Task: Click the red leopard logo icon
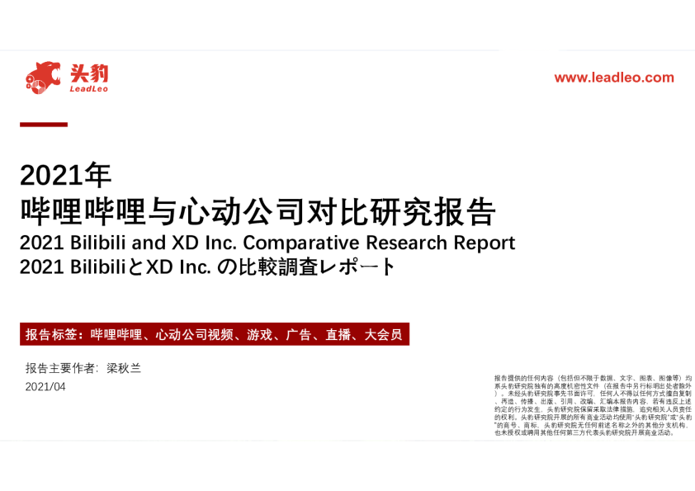[x=43, y=76]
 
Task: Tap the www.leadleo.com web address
[x=613, y=78]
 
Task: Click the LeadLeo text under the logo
[x=88, y=89]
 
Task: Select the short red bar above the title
[x=44, y=125]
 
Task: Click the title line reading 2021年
[x=65, y=175]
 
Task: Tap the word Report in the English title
[x=484, y=243]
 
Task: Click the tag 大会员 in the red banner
[x=383, y=335]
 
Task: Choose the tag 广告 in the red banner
[x=299, y=335]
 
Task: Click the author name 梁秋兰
[x=124, y=368]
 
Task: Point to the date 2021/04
[x=45, y=387]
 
